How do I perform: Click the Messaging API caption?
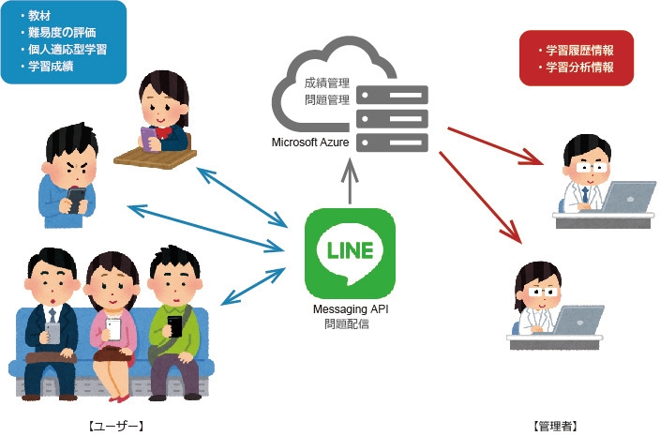[x=351, y=310]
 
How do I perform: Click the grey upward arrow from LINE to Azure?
[x=350, y=179]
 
